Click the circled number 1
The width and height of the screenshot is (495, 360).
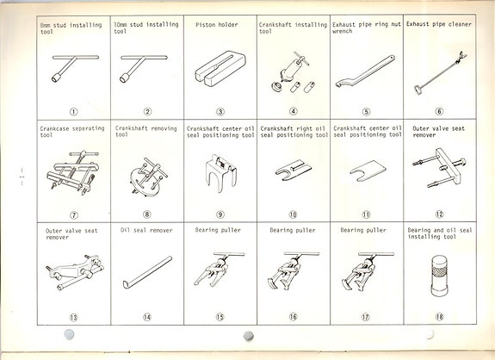74,111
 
